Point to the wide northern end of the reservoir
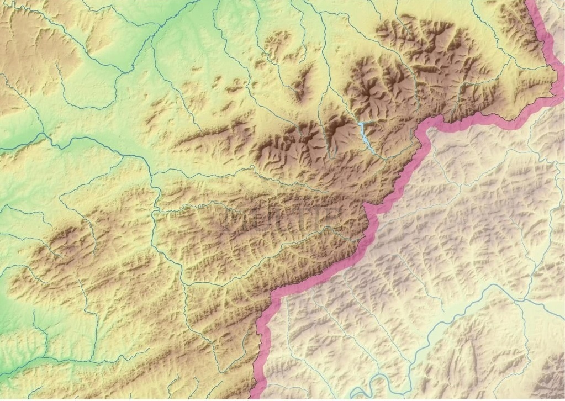(361, 126)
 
